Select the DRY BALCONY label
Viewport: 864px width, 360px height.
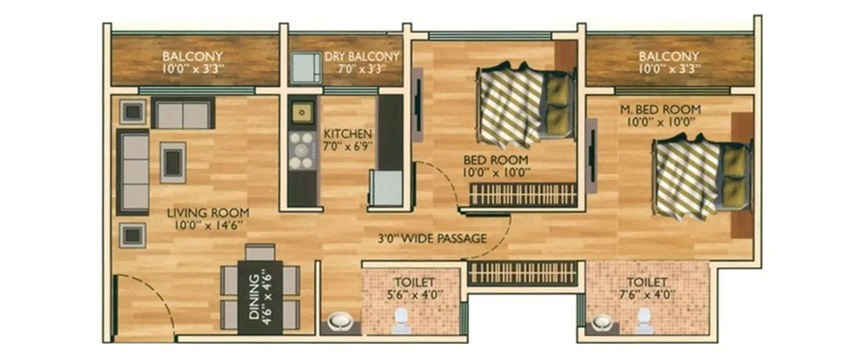click(361, 56)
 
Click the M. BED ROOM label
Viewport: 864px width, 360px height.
click(660, 109)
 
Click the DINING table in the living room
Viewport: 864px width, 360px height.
click(260, 297)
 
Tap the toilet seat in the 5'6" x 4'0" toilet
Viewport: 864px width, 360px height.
click(401, 321)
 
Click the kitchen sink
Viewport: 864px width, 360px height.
click(302, 112)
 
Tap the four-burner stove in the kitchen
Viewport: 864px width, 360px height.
click(302, 151)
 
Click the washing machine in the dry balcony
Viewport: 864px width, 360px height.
click(305, 68)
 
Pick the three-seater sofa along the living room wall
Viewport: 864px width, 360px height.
click(134, 172)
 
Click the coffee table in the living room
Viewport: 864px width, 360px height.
click(173, 162)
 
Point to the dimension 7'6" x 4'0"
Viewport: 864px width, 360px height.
click(647, 295)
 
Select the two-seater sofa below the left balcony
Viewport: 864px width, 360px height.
click(183, 113)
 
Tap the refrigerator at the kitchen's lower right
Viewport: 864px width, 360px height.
click(386, 188)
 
